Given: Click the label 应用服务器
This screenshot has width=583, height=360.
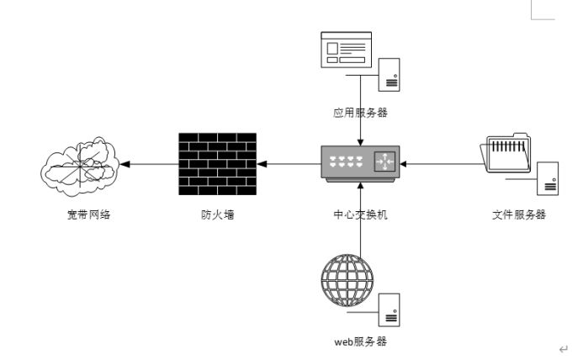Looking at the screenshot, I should pos(360,112).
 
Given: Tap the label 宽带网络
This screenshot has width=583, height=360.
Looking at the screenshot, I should pos(89,214).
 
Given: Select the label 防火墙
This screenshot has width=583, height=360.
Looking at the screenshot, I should pos(217,214).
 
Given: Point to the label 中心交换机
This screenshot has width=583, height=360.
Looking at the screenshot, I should pos(360,214).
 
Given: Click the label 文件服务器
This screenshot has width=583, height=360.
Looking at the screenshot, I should pos(519,214).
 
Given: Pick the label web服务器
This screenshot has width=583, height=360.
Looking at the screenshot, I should pos(360,341).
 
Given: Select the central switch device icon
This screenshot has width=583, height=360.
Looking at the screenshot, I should pos(360,162).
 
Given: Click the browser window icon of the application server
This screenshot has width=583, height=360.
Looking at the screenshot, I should pos(345,49).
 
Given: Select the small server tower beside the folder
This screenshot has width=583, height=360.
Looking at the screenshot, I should pos(548,179).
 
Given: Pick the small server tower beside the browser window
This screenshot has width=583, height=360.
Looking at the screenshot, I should pos(389,72).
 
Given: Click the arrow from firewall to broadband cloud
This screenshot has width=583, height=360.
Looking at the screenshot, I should pos(148,164).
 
